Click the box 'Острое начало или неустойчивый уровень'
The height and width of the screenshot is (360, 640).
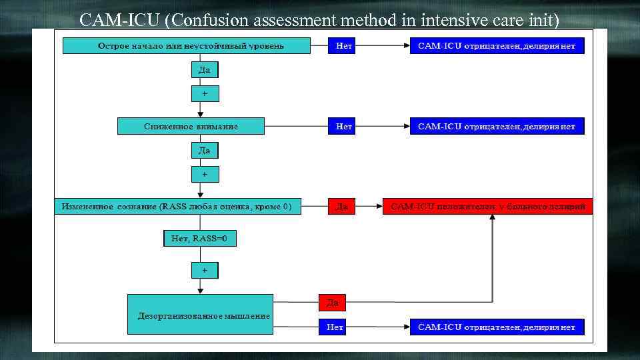187,46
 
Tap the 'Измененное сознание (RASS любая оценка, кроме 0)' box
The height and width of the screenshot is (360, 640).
177,207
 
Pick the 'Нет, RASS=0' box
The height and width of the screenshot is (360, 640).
199,239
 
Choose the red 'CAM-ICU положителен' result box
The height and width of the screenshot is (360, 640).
488,207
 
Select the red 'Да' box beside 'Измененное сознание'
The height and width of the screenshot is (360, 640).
342,207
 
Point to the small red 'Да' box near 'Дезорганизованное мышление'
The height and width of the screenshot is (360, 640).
333,303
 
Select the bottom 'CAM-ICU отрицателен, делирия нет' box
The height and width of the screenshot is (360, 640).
497,327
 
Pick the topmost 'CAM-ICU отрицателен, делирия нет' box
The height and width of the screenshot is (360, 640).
497,46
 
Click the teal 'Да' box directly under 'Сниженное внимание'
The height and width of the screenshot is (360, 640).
205,151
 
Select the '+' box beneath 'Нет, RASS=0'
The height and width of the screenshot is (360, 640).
205,270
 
